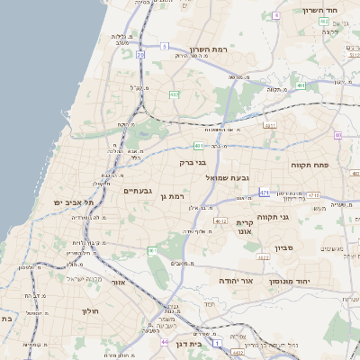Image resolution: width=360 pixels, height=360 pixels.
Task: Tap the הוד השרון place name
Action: point(319,10)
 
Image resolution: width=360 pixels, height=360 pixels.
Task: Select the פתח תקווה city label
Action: point(311,166)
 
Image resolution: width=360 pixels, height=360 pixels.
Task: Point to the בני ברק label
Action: point(193,163)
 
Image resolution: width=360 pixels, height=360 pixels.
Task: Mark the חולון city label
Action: point(89,310)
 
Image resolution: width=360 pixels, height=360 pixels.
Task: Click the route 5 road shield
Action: point(164,45)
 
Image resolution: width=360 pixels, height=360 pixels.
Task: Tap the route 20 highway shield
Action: point(140,55)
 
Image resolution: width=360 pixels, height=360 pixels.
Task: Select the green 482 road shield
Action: point(174,94)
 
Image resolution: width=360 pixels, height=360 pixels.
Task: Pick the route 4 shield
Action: point(277,15)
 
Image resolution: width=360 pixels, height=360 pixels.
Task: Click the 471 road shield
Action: point(264,192)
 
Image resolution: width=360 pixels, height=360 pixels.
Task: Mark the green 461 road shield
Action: point(152,250)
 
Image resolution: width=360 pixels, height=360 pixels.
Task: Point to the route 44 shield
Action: point(164,342)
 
